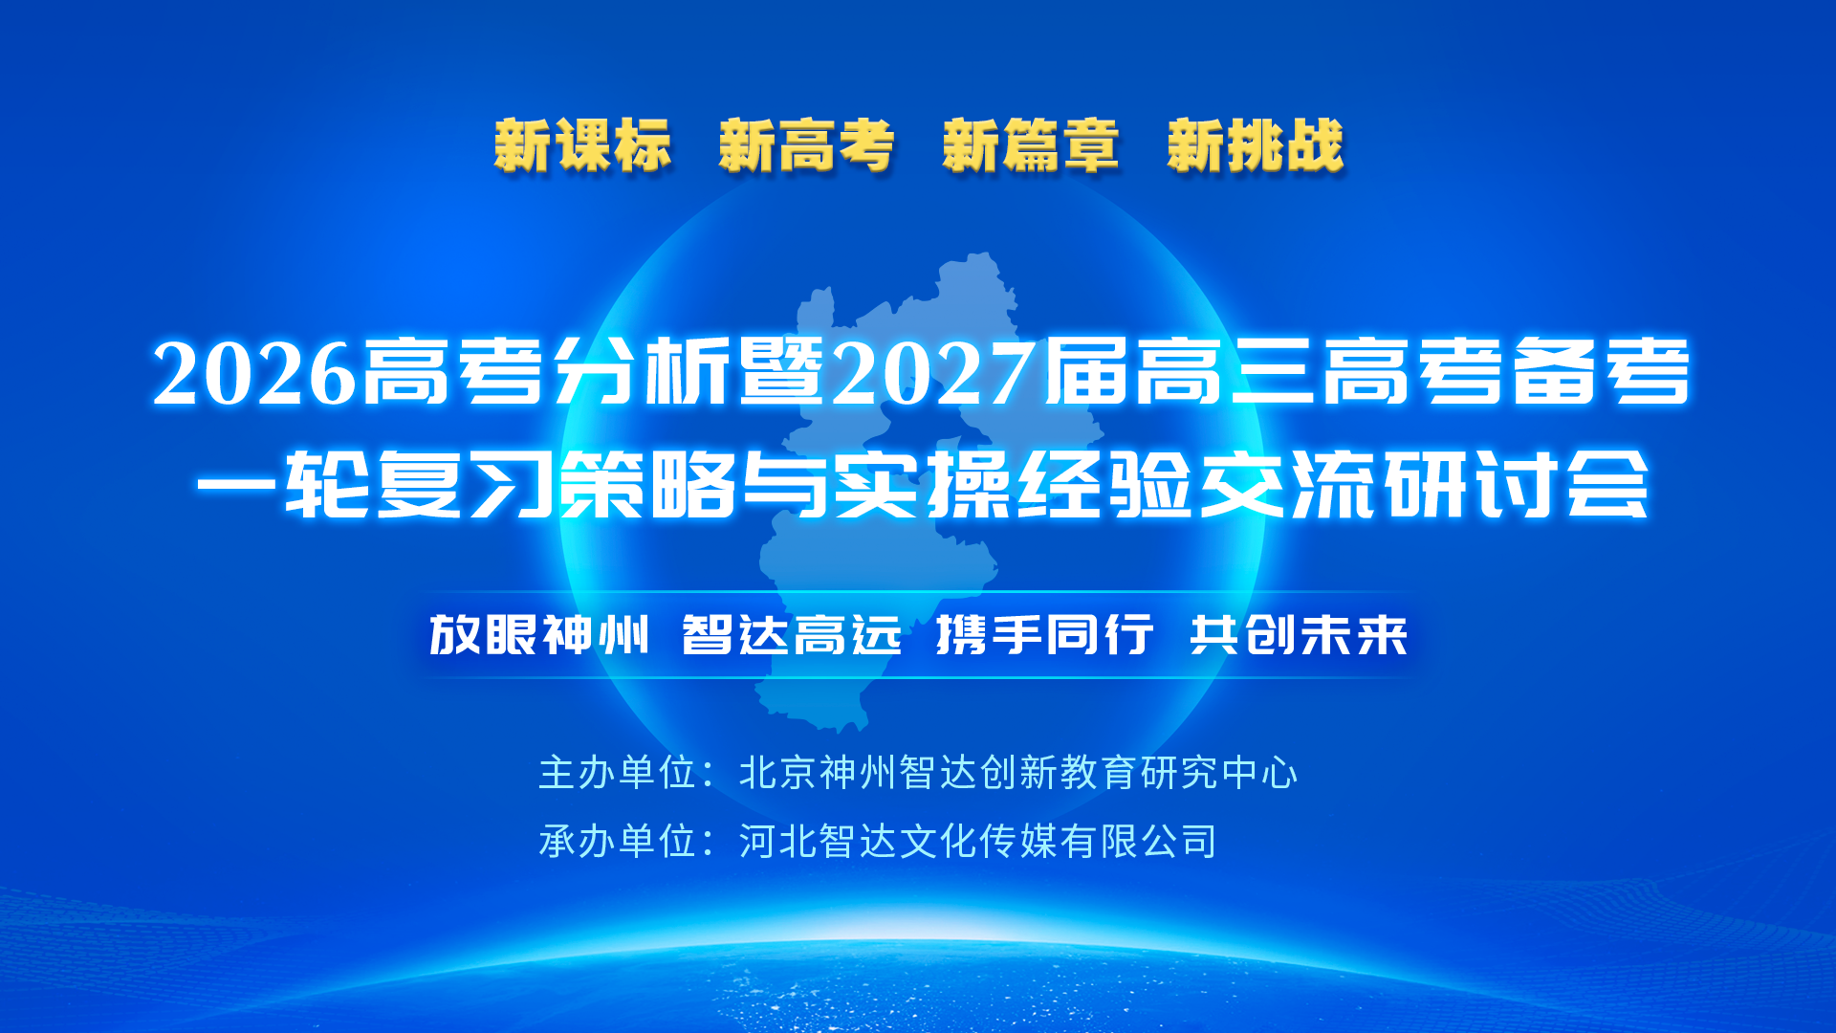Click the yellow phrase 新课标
[582, 145]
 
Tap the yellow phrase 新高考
[806, 145]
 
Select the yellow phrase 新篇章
[1030, 145]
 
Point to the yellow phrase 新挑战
[1255, 145]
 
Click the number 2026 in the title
[254, 373]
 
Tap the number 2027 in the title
[934, 373]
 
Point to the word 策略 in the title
[647, 485]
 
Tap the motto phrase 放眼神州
[539, 635]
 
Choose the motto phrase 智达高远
[792, 635]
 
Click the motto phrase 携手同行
[1044, 635]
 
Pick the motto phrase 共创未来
[1299, 635]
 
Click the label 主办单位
[617, 773]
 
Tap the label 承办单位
[617, 842]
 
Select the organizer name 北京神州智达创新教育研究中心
[1018, 773]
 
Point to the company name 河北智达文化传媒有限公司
[977, 842]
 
